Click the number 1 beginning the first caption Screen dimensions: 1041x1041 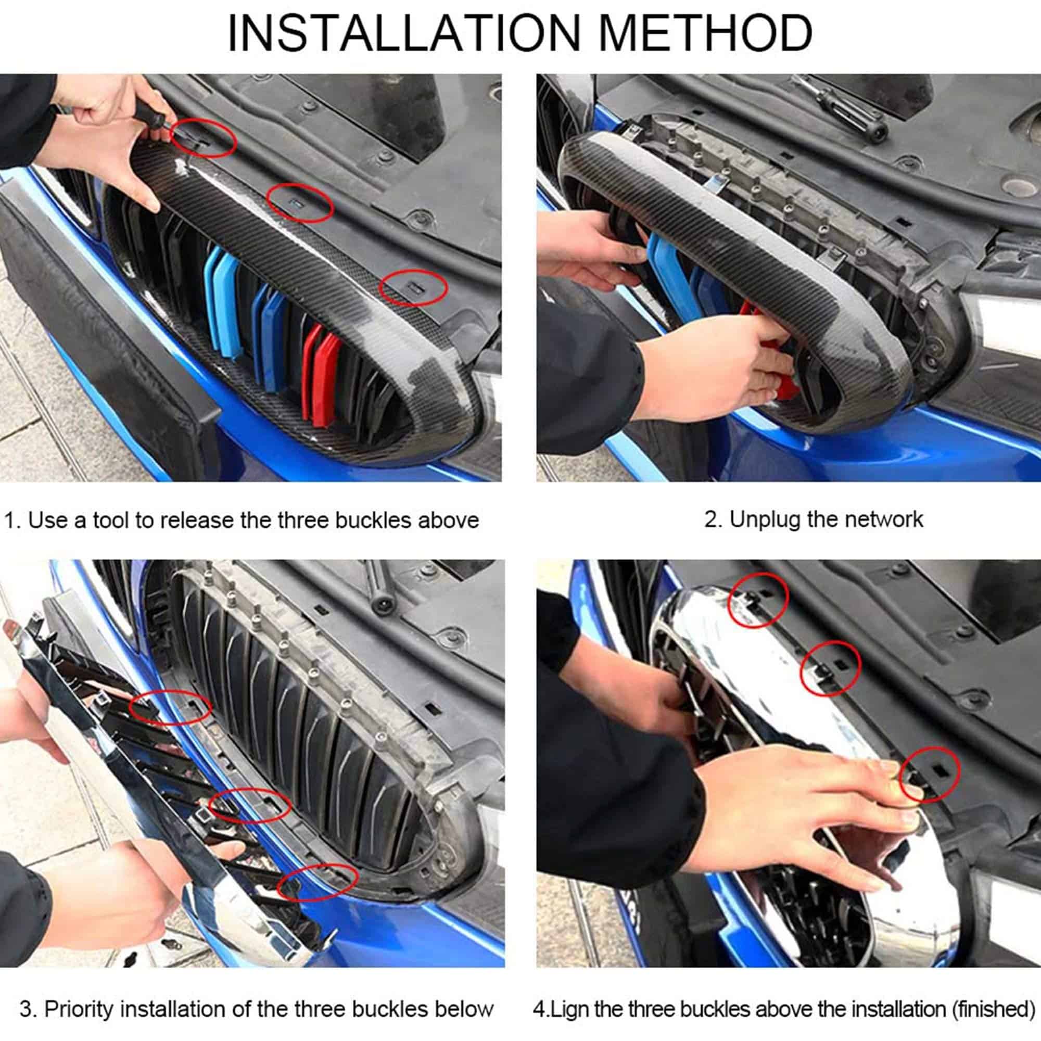tap(10, 520)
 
